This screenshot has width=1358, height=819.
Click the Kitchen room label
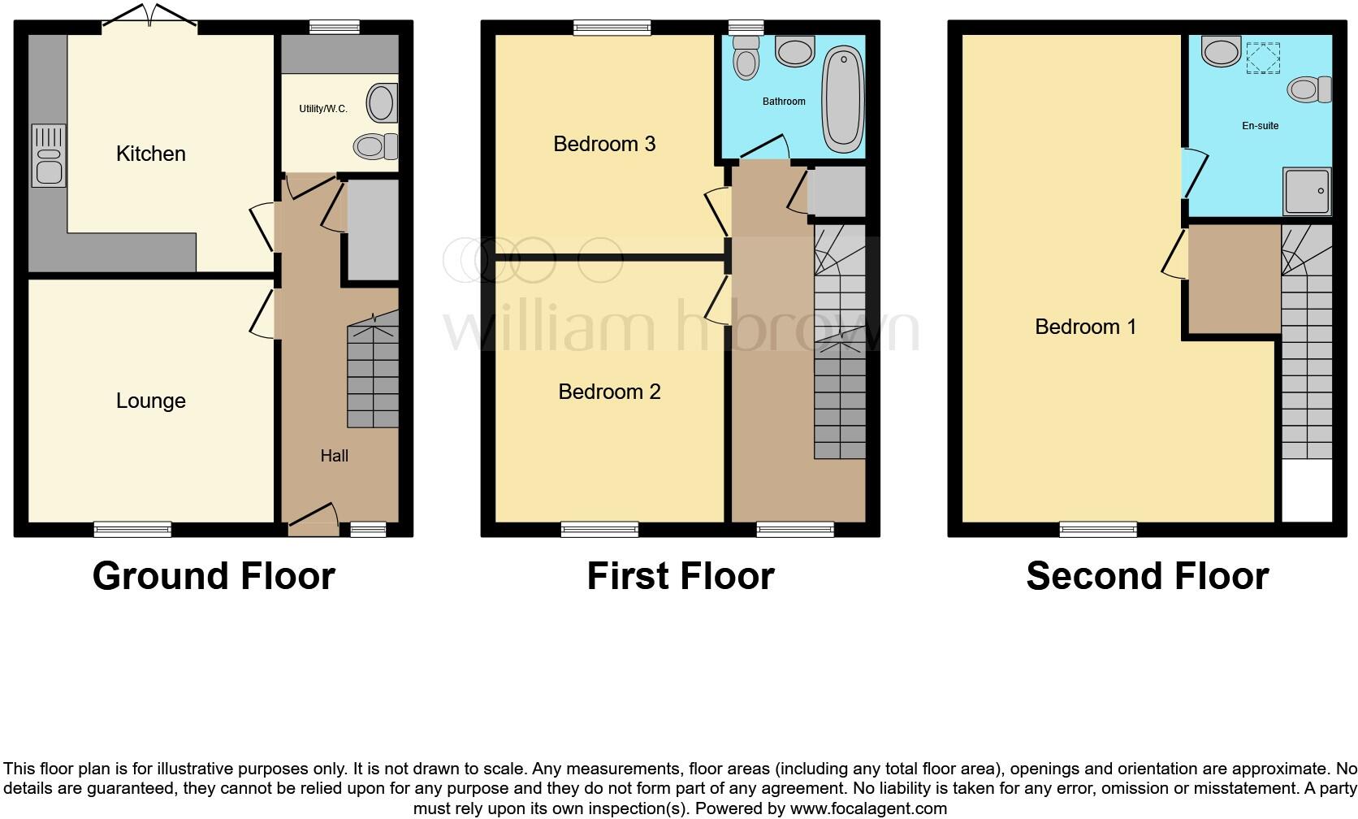[x=150, y=154]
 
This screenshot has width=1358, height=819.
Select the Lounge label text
[x=150, y=401]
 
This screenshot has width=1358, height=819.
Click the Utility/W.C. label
[x=322, y=109]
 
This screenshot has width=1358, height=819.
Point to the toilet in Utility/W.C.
[x=374, y=146]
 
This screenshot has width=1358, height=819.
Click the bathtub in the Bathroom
[x=842, y=99]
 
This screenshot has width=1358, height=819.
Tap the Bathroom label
[x=783, y=102]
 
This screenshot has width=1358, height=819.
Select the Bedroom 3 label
[x=603, y=144]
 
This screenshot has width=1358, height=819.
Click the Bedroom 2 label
[x=608, y=392]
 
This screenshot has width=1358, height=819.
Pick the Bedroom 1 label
[x=1084, y=327]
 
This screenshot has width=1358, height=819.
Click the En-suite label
[x=1260, y=126]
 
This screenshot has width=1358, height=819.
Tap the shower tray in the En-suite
[x=1306, y=191]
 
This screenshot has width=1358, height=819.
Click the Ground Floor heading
[x=214, y=576]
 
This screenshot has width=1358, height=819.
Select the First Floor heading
[x=680, y=576]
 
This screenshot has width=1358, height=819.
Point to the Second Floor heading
[x=1147, y=576]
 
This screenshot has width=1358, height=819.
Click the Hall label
[x=334, y=456]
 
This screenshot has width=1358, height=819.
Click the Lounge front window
[x=132, y=530]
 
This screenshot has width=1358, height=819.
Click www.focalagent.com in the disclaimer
[x=868, y=808]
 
